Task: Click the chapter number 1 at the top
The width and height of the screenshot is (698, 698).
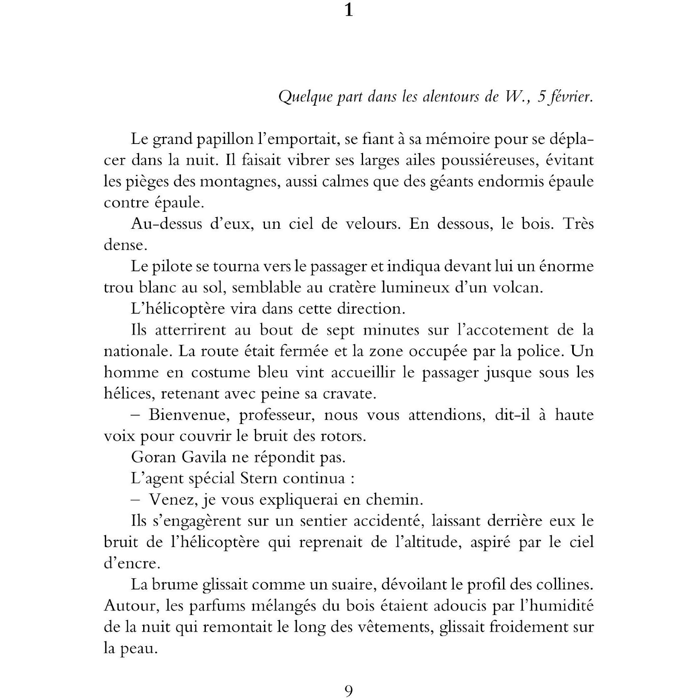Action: pos(349,10)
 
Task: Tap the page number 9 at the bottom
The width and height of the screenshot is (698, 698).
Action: pos(349,690)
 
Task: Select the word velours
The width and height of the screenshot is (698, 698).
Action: pos(372,224)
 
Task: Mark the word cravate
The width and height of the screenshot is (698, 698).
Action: pos(349,393)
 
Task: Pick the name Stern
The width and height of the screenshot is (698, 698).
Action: pos(259,478)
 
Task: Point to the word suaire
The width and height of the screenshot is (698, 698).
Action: pos(353,585)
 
